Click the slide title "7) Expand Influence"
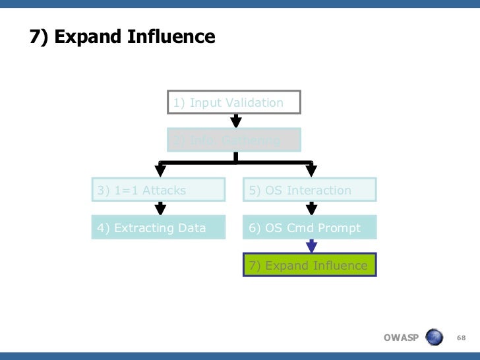pos(123,36)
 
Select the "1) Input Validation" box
pos(234,102)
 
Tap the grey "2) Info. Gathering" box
pos(234,140)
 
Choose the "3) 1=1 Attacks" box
pos(158,190)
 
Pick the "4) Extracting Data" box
pos(158,227)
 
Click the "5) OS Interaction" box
pos(310,190)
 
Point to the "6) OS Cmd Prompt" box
pos(310,227)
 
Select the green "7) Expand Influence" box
pos(310,265)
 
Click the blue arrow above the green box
pos(312,246)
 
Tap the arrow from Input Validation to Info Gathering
pos(235,120)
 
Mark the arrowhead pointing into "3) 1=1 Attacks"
pos(160,173)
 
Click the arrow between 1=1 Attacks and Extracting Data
pos(160,208)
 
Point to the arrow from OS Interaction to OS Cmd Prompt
pos(312,208)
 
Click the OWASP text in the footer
pos(401,338)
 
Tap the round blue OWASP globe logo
pos(435,338)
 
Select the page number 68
pos(462,338)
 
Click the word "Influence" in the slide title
pos(173,36)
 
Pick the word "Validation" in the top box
pos(255,102)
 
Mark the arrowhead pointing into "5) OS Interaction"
pos(312,173)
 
